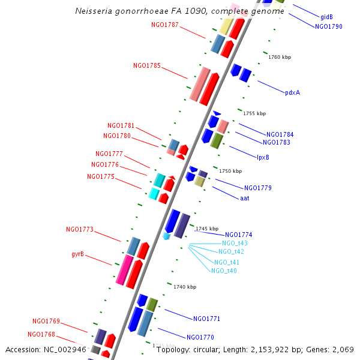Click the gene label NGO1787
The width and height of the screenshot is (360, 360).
[x=165, y=25]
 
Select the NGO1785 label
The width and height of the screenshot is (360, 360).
[x=147, y=65]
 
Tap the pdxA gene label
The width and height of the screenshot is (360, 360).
[x=292, y=92]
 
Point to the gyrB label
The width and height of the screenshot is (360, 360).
[x=77, y=254]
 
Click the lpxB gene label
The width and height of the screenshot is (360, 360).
[x=263, y=157]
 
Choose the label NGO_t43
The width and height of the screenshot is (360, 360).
[x=235, y=243]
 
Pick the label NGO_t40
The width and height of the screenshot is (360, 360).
[x=224, y=271]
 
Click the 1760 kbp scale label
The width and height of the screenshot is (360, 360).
[x=280, y=58]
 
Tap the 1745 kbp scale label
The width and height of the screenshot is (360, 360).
[x=207, y=229]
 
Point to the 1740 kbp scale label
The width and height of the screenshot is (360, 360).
[x=185, y=287]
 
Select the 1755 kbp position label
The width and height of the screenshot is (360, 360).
[x=254, y=113]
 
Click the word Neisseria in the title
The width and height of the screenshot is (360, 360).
[x=94, y=11]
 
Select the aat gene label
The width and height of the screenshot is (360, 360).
[x=244, y=197]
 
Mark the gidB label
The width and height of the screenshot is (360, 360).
[x=326, y=17]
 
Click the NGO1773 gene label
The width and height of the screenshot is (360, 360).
[x=80, y=229]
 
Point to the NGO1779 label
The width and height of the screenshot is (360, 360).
[x=257, y=188]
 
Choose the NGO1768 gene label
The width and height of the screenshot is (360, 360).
[x=41, y=334]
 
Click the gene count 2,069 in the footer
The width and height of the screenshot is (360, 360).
[x=343, y=349]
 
